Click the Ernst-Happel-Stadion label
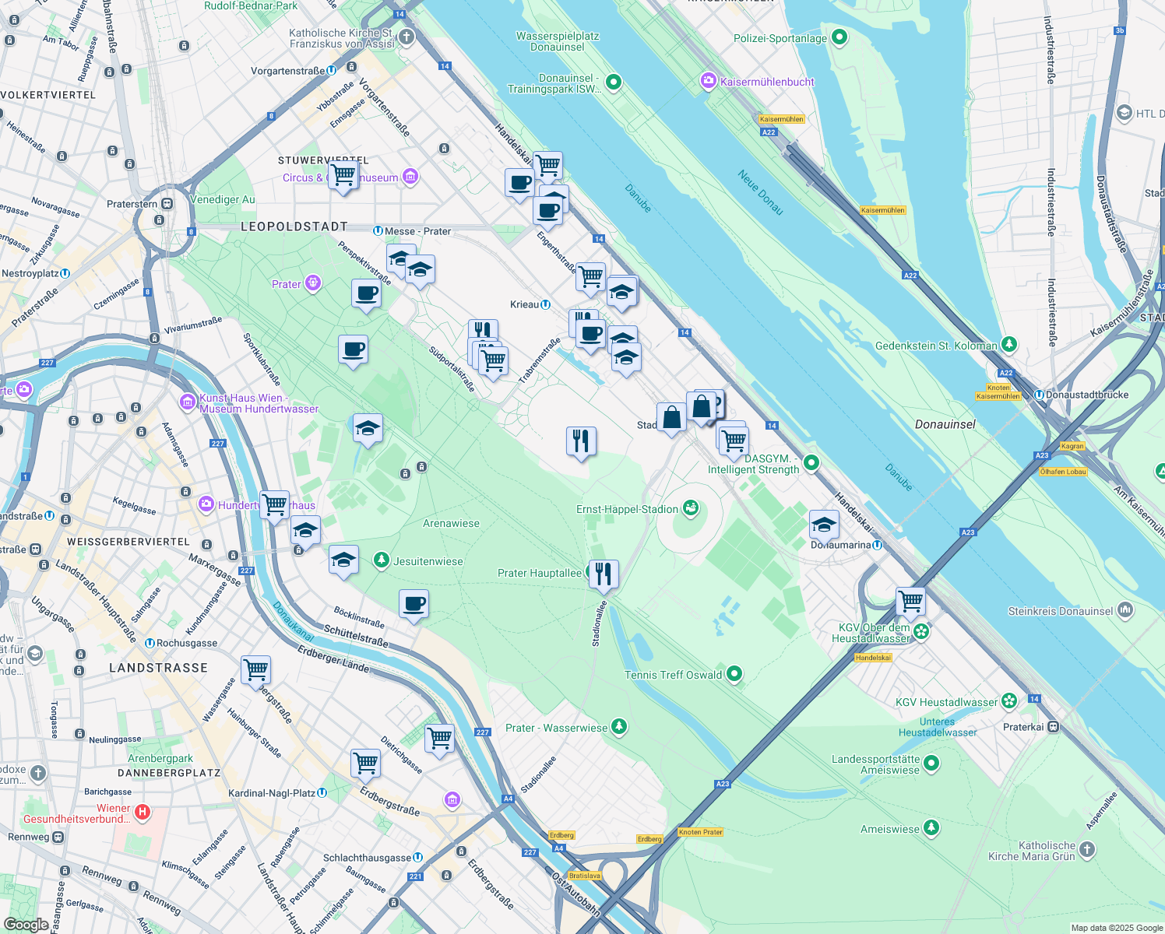pyautogui.click(x=627, y=510)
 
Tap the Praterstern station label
pyautogui.click(x=132, y=204)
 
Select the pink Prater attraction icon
pyautogui.click(x=313, y=283)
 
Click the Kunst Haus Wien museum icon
pyautogui.click(x=187, y=402)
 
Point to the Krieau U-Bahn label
pyautogui.click(x=525, y=304)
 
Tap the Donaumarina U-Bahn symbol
pyautogui.click(x=878, y=545)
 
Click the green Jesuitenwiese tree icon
pyautogui.click(x=382, y=560)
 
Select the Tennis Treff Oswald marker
pyautogui.click(x=734, y=675)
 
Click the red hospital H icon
pyautogui.click(x=142, y=813)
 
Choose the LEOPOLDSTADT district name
pyautogui.click(x=294, y=226)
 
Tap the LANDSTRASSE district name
pyautogui.click(x=159, y=668)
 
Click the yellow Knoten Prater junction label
pyautogui.click(x=701, y=832)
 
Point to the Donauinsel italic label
pyautogui.click(x=945, y=425)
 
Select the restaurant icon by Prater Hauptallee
pyautogui.click(x=603, y=574)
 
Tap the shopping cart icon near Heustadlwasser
pyautogui.click(x=910, y=602)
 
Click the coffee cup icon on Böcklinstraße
pyautogui.click(x=414, y=604)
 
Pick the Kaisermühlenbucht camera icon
pyautogui.click(x=708, y=81)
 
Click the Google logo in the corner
pyautogui.click(x=26, y=924)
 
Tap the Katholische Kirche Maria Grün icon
pyautogui.click(x=1087, y=850)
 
